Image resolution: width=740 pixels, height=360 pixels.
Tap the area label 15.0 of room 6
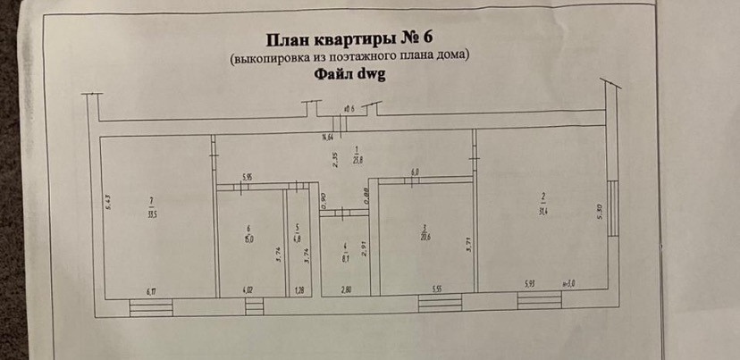250,237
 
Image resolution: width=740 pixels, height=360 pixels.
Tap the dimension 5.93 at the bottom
531,285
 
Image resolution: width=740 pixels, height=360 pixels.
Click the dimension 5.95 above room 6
248,177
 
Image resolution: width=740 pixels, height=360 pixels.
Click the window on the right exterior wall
612,207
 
